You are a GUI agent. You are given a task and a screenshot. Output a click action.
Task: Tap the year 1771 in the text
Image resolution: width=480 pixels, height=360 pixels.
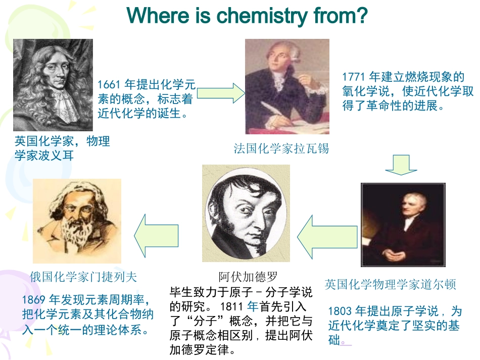pos(353,77)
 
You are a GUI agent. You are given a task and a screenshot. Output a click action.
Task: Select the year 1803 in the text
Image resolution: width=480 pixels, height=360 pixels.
pos(339,311)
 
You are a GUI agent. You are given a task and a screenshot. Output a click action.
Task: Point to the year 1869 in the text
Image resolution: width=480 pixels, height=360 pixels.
pos(34,300)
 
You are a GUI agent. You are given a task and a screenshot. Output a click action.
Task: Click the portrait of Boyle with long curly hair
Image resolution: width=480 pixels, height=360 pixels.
pos(53,85)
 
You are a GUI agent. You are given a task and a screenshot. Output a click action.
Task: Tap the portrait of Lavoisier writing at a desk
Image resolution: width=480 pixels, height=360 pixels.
pos(287,86)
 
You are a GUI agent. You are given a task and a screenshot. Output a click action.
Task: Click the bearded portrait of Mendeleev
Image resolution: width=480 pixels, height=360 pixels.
pos(77,220)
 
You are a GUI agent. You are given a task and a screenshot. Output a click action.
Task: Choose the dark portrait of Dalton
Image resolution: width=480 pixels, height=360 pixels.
pos(403,225)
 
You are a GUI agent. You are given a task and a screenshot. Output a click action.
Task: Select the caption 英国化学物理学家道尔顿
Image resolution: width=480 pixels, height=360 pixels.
pos(390,284)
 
